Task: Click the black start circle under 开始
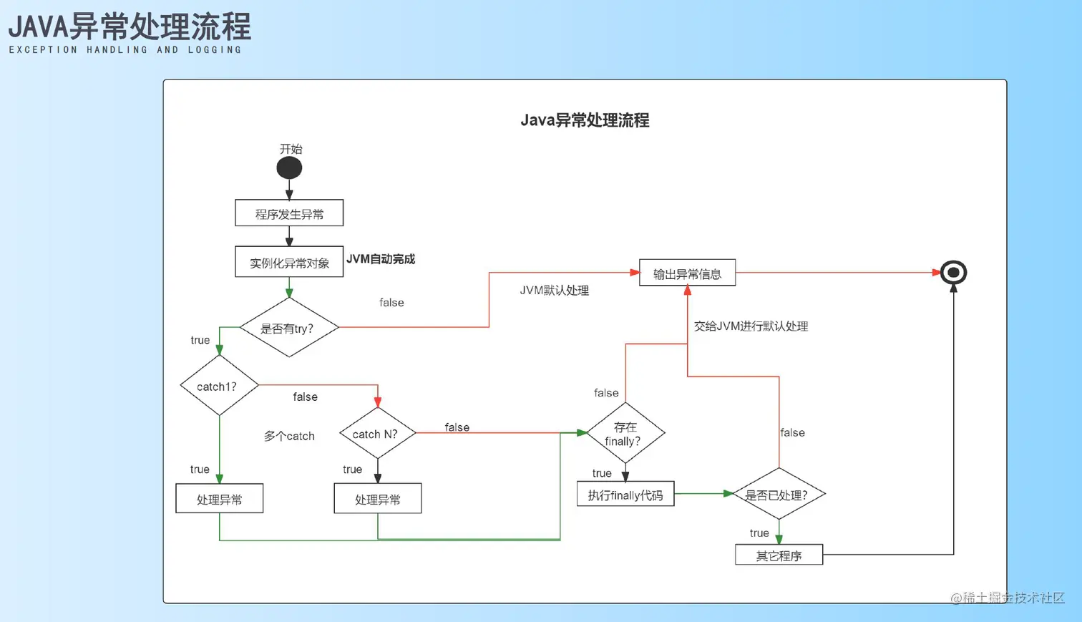(289, 168)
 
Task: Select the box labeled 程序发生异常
(289, 213)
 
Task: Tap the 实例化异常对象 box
(289, 262)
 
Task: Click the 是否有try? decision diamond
(288, 328)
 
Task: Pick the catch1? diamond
(219, 386)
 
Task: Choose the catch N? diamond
(377, 433)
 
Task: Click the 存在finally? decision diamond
(625, 433)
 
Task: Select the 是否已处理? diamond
(779, 494)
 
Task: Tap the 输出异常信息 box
(687, 273)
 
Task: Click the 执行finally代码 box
(625, 494)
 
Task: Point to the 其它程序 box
(779, 555)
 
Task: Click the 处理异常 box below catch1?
(219, 499)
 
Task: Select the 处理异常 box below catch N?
(377, 499)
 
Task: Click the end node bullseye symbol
(953, 273)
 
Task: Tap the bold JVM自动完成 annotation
(381, 259)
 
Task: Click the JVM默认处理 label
(554, 291)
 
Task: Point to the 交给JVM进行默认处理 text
(751, 326)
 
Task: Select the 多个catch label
(289, 436)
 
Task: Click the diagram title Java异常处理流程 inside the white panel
(585, 120)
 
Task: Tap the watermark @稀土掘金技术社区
(1008, 598)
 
